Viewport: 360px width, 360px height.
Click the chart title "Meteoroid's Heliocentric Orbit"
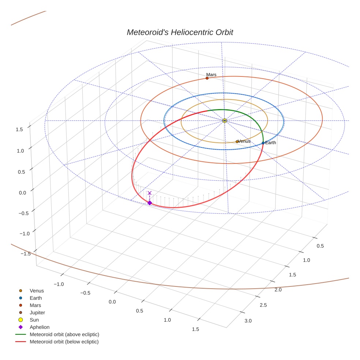180,33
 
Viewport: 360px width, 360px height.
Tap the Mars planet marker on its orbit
207,78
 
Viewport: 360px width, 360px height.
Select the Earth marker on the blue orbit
263,143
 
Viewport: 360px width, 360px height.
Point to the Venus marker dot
237,141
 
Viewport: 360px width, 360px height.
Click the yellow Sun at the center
225,120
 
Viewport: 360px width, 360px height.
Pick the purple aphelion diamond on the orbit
150,203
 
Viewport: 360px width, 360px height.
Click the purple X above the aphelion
150,193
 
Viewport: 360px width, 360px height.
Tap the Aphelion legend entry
40,327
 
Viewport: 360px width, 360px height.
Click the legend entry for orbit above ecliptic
64,334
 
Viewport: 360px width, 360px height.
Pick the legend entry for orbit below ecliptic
64,342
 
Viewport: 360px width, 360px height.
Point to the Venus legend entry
37,291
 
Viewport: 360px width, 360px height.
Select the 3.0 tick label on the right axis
248,321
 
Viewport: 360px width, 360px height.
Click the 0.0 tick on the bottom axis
112,302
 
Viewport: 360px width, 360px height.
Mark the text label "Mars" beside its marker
211,75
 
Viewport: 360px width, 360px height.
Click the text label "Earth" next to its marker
271,143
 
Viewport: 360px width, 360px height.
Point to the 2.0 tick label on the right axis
278,290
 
